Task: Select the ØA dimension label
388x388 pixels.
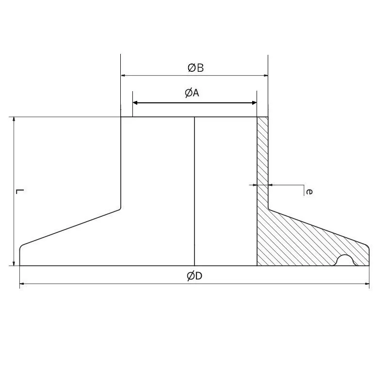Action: point(192,93)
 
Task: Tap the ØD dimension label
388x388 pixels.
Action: point(194,276)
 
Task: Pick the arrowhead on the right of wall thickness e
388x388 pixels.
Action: point(271,185)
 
